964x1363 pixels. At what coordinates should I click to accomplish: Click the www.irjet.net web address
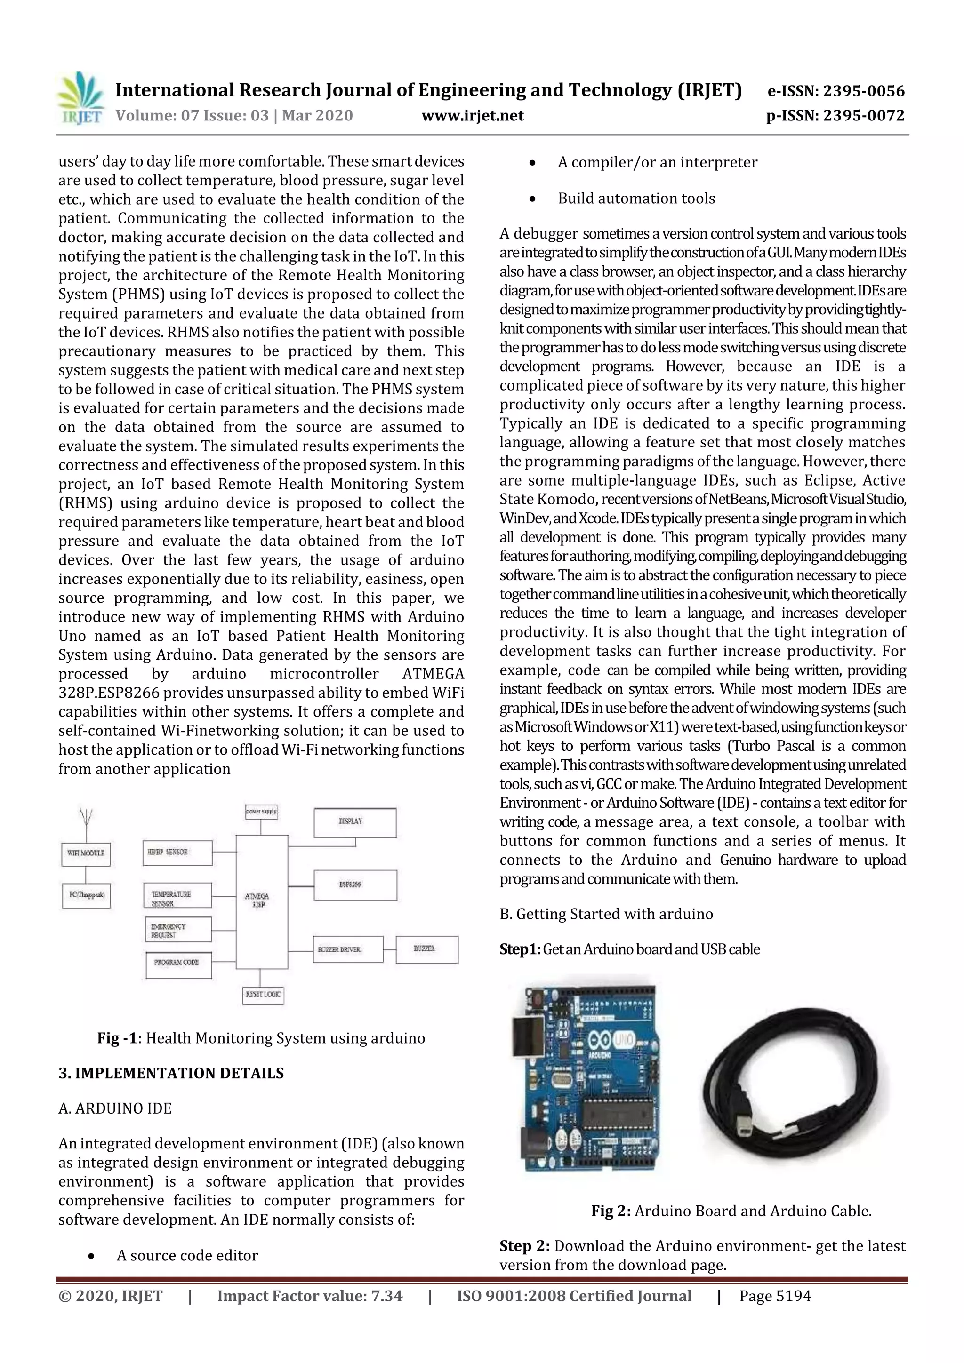[472, 116]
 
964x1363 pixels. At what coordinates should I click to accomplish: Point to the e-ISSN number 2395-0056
[835, 91]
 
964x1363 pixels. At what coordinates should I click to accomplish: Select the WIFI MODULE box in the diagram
[86, 853]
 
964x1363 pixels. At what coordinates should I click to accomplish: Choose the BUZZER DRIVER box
[347, 949]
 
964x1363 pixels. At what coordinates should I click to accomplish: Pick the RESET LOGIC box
[263, 994]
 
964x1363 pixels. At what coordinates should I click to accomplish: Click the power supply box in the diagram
[261, 812]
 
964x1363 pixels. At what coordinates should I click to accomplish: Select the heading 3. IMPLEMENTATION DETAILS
[171, 1073]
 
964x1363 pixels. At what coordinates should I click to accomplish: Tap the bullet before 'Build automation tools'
[532, 199]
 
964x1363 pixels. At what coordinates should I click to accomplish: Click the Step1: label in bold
[520, 949]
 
